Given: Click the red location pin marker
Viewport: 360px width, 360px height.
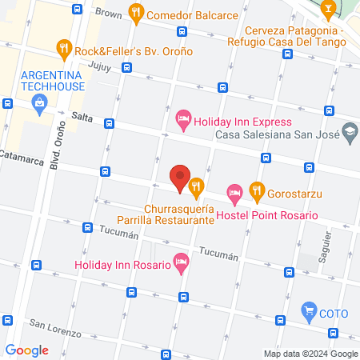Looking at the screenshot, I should point(180,176).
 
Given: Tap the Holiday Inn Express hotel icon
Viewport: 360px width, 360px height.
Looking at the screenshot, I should point(182,122).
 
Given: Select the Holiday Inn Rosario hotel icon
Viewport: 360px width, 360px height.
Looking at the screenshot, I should point(181,263).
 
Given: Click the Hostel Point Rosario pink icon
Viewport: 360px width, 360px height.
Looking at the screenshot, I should point(234,192).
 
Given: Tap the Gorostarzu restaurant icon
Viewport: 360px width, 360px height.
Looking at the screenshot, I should point(256,190).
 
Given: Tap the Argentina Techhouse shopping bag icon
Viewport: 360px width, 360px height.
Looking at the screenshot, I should point(39,102).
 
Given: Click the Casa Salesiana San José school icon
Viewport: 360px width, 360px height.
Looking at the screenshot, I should point(349,130).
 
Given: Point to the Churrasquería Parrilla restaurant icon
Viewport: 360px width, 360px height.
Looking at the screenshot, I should point(196,186).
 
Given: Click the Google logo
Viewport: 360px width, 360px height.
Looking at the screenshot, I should point(26,350).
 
